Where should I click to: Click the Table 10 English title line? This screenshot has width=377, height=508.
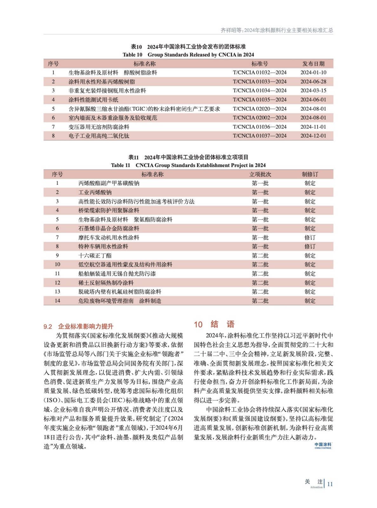pos(188,55)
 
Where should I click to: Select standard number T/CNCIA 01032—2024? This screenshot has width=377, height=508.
pos(259,72)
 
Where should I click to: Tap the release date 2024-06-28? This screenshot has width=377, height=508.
pos(313,82)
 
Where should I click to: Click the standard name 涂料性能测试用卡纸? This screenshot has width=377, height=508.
pos(93,100)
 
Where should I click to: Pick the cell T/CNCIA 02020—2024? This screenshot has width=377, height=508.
pos(259,109)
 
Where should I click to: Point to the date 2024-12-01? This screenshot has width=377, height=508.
pos(313,136)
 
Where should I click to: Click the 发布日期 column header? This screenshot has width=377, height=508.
pos(313,63)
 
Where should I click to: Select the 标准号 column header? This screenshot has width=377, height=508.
pos(259,63)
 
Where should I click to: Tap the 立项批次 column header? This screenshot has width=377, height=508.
pos(260,174)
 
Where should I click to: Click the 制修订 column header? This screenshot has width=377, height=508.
pos(310,174)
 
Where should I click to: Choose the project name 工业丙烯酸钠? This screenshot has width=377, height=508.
pos(95,192)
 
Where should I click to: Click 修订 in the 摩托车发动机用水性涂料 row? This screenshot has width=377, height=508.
pos(310,237)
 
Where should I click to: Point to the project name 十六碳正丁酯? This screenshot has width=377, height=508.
pos(95,256)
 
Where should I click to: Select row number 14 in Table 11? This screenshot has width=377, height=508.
pos(57,301)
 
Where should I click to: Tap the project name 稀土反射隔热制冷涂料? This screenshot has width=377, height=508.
pos(106,283)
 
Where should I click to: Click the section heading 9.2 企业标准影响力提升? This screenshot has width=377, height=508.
pos(78,326)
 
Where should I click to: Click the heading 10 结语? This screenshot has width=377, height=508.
pos(214,324)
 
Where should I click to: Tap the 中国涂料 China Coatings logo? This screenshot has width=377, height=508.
pos(323,445)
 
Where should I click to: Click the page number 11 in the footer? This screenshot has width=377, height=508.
pos(330,484)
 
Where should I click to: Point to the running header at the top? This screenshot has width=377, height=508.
pos(277,30)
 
